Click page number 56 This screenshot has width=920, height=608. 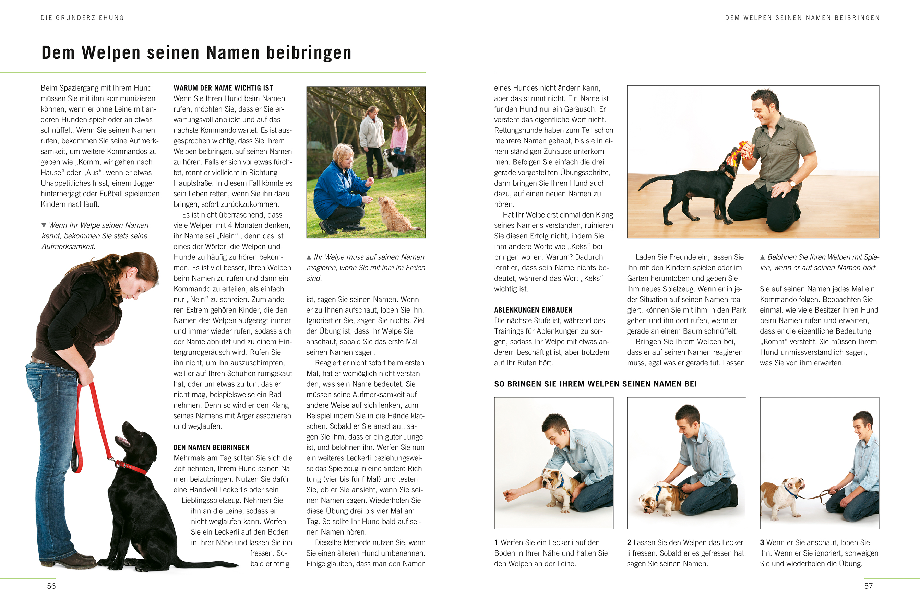point(51,586)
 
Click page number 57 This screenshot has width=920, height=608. point(869,586)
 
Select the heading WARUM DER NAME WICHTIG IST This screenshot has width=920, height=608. point(223,88)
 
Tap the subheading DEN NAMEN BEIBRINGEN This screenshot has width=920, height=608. point(211,447)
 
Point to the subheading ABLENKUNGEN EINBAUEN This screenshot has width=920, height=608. point(533,310)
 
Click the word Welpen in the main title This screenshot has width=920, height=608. point(111,53)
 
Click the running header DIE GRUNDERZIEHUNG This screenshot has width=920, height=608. point(82,18)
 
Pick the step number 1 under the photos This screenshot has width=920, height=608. point(496,543)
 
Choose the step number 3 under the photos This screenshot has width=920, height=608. point(762,543)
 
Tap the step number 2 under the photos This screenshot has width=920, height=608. point(629,543)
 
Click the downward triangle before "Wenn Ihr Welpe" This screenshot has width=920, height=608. point(44,225)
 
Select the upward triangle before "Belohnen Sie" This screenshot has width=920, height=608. point(762,257)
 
